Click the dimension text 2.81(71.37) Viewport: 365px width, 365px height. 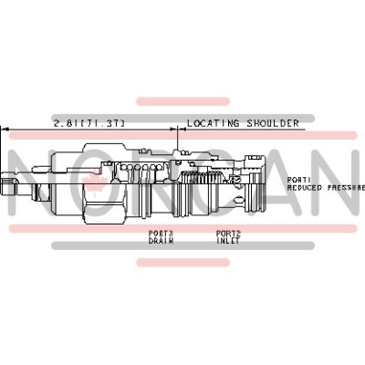coord(89,122)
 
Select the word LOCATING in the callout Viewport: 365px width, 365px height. coord(213,122)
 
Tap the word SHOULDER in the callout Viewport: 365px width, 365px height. coord(269,122)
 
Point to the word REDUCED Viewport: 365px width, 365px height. coord(306,186)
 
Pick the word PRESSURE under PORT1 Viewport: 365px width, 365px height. coord(347,186)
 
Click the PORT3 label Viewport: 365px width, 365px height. coord(161,234)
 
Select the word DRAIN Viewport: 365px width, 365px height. coord(161,241)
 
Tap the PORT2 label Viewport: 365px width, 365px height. coord(228,234)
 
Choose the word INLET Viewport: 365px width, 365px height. coord(228,241)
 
